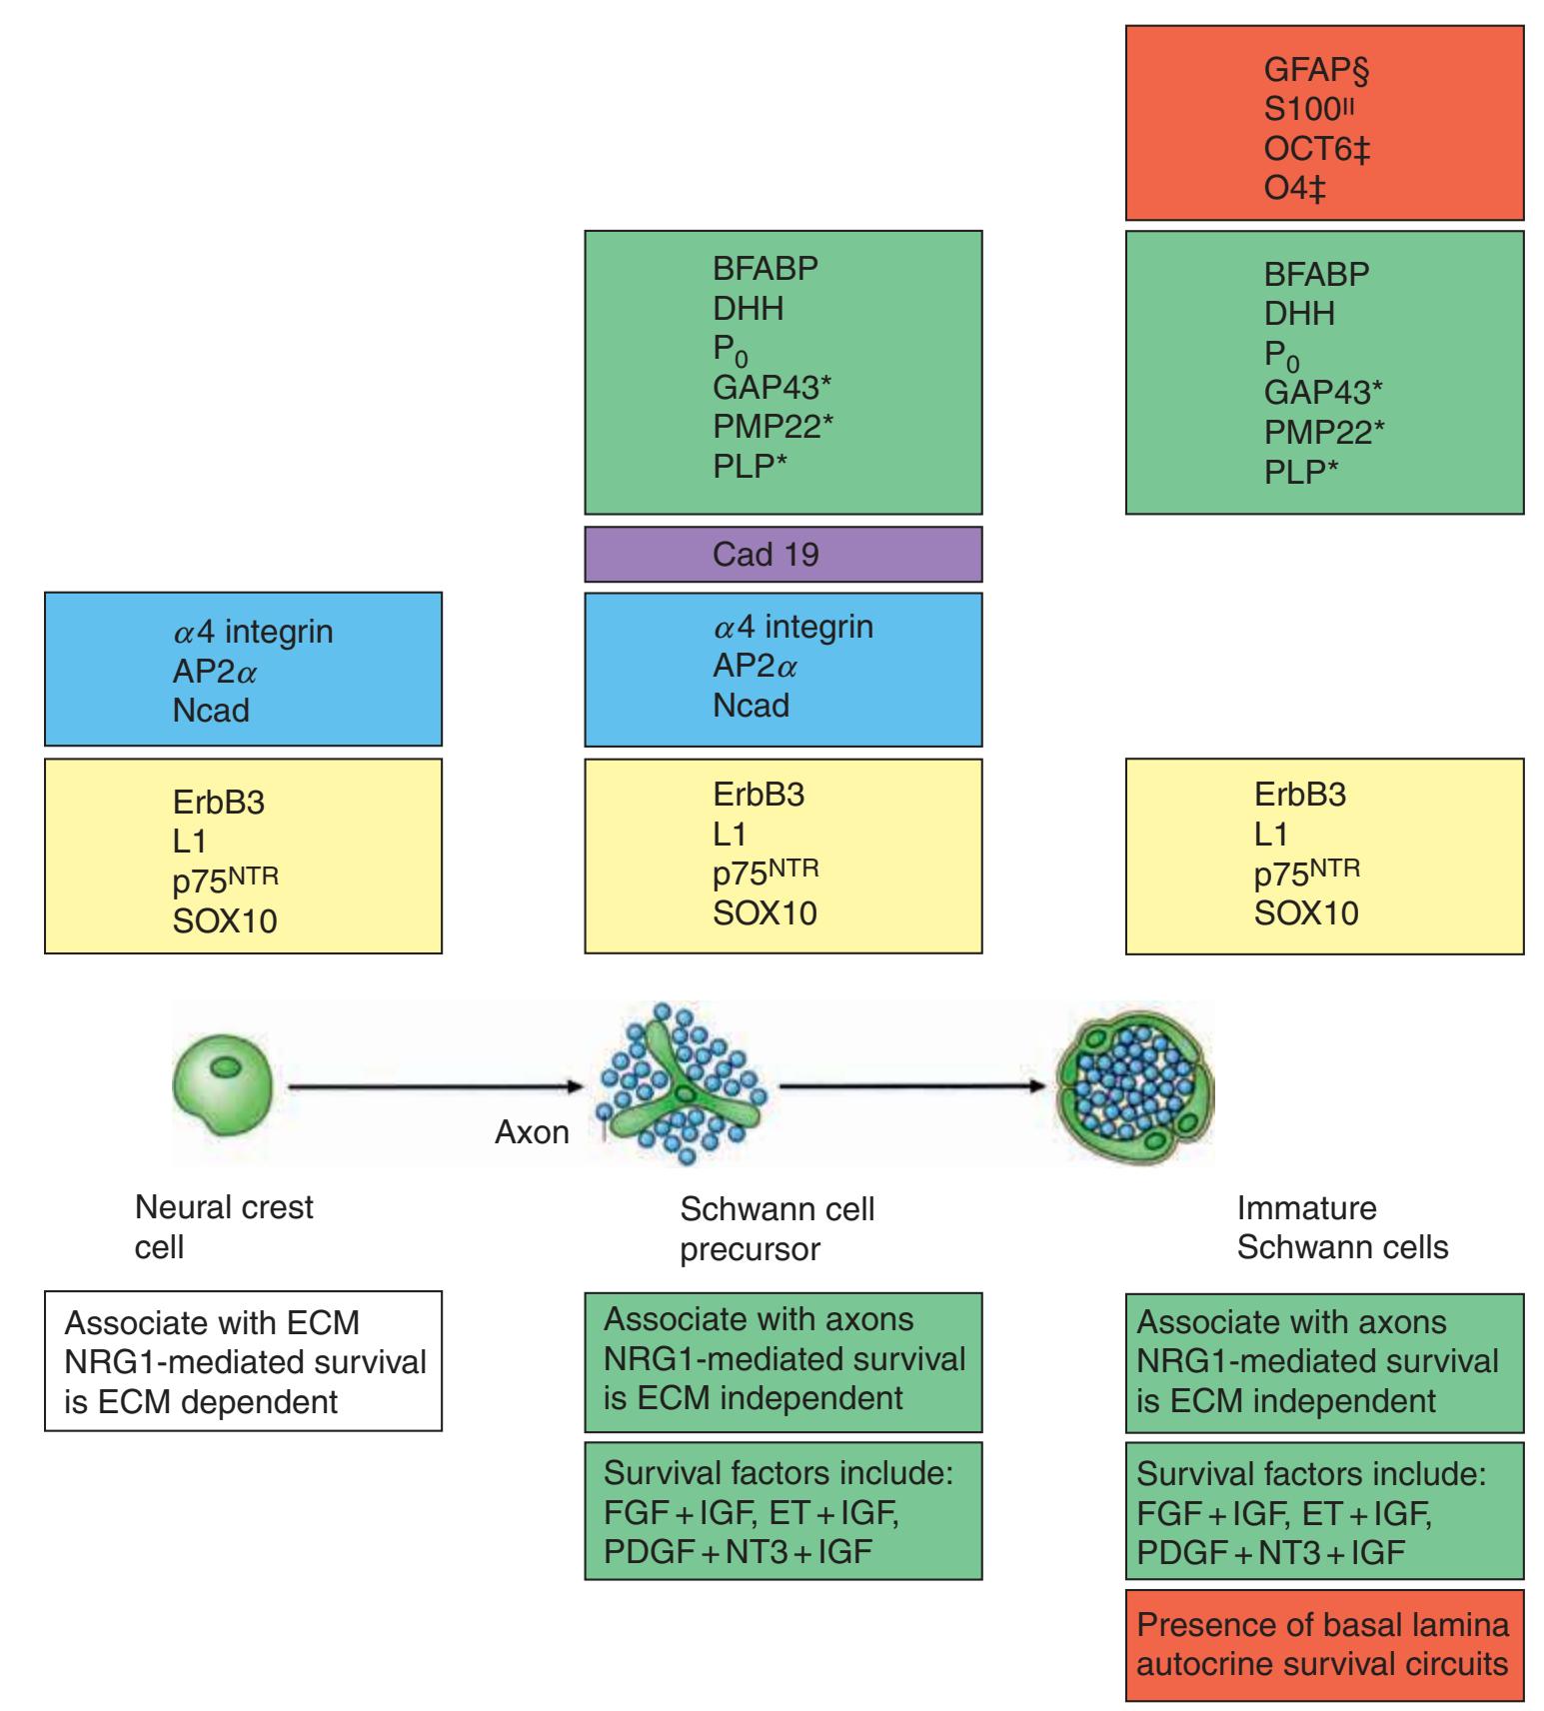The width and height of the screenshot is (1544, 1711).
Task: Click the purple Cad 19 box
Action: (782, 555)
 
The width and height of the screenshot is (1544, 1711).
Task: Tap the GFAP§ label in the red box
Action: (1315, 70)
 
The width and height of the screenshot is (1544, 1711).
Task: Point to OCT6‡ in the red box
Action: (1317, 150)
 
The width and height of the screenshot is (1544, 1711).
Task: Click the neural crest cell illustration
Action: (221, 1084)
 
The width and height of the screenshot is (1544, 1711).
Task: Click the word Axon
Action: (532, 1132)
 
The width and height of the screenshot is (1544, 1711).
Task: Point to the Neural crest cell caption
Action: (223, 1226)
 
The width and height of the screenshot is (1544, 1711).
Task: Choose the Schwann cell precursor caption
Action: (776, 1228)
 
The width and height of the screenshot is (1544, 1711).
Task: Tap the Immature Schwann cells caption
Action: (1341, 1227)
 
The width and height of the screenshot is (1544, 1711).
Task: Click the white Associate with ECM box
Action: (243, 1360)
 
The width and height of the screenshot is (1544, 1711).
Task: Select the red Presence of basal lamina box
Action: (1324, 1644)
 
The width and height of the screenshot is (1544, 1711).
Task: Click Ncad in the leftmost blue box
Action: (211, 711)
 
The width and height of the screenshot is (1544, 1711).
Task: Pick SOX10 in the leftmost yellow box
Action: (224, 919)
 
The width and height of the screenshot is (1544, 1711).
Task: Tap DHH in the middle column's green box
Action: (748, 309)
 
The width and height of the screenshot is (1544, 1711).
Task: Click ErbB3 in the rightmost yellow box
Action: (1300, 795)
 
